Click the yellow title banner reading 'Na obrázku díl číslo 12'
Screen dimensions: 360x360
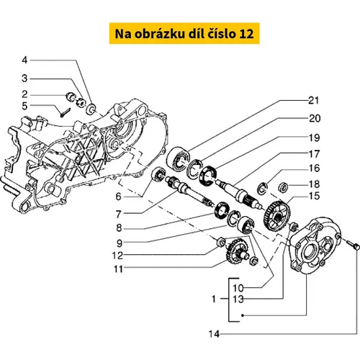pos(184,33)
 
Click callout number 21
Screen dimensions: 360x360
pos(314,100)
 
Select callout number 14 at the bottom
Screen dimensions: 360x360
pos(214,333)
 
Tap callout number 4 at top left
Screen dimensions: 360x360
pos(24,60)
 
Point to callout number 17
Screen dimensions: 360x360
pos(314,154)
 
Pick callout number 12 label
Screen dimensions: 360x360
pos(117,256)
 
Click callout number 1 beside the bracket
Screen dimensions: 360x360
pos(214,299)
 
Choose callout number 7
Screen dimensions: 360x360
pos(119,214)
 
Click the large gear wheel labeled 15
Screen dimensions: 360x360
pos(277,215)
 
